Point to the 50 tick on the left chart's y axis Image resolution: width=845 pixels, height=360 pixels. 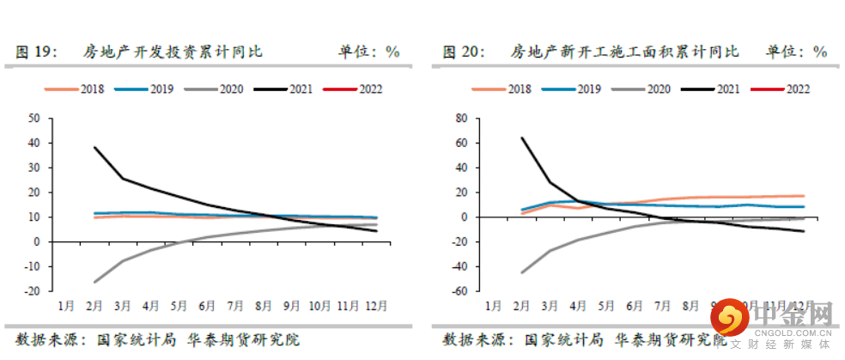[x=33, y=118]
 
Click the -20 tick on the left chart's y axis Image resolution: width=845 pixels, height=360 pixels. [x=32, y=291]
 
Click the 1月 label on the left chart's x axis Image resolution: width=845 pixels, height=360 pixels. [x=66, y=306]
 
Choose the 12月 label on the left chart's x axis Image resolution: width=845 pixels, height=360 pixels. [x=375, y=306]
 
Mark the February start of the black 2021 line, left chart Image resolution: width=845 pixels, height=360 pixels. [x=94, y=147]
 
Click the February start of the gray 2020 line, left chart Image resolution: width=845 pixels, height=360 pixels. [x=94, y=282]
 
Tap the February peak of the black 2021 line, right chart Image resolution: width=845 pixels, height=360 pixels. [x=521, y=137]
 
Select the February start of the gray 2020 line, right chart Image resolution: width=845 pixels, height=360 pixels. [x=521, y=272]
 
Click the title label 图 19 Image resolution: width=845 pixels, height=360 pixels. [x=37, y=52]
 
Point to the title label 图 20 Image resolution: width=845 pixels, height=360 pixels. [x=465, y=52]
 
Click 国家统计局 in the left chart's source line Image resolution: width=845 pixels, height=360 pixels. [x=129, y=339]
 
